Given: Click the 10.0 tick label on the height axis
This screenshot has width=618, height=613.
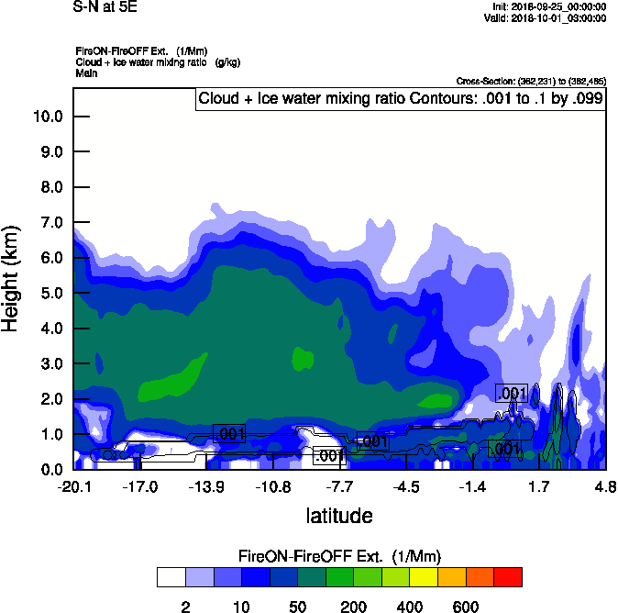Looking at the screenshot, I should (x=46, y=117).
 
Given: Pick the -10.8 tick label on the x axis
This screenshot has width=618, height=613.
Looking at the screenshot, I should (x=273, y=486).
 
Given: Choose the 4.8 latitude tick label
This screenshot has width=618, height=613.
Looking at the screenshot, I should (x=605, y=486).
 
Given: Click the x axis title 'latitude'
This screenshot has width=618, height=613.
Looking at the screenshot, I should (x=338, y=516).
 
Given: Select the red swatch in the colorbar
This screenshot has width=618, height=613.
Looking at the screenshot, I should (x=508, y=577).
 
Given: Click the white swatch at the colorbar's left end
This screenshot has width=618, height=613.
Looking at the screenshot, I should (x=171, y=577).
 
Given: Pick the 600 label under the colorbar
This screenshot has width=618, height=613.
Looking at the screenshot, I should (x=465, y=607).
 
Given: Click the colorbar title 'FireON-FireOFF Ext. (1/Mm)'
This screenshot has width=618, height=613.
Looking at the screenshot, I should (x=341, y=556).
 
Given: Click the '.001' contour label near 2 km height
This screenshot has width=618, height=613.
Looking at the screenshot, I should (x=511, y=394).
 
